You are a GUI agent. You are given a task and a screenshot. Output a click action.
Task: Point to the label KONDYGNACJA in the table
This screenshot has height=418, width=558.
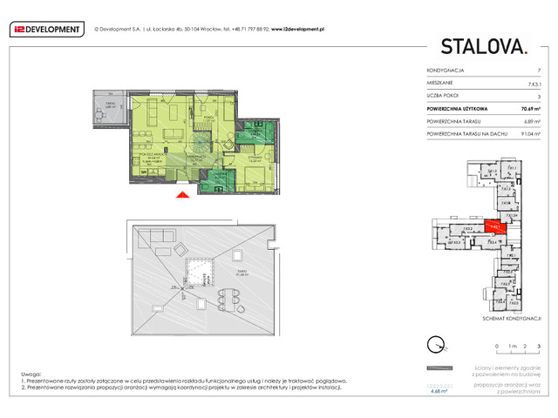pos(445,70)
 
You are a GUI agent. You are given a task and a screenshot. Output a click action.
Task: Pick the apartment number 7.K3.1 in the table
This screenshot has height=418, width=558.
pos(533,82)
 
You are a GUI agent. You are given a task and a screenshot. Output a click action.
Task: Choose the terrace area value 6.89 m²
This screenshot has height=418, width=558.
pos(533,122)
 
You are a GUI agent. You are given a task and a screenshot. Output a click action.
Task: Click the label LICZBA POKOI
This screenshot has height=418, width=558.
pos(443,95)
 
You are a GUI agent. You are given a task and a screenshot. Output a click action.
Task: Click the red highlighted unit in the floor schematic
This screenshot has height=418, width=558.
pos(494,226)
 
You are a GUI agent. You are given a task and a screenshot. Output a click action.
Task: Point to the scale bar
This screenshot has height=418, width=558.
pos(518,354)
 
